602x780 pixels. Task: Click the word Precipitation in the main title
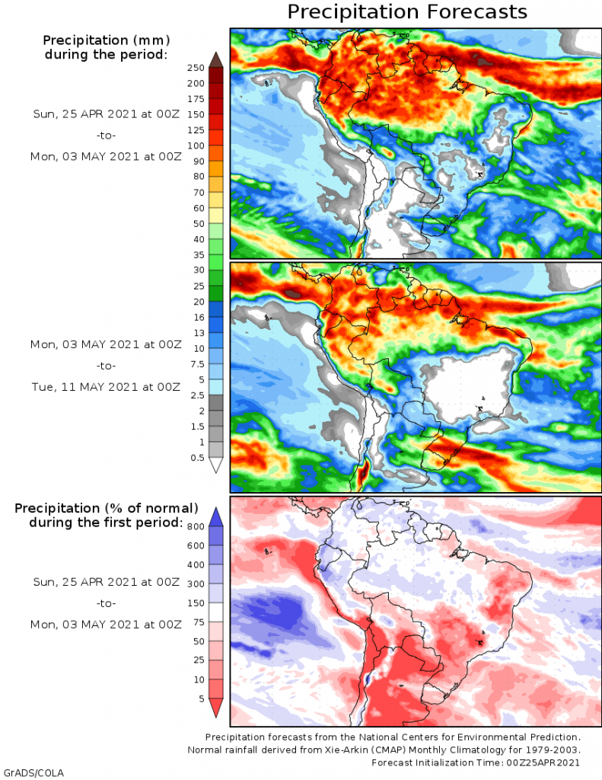pyautogui.click(x=352, y=12)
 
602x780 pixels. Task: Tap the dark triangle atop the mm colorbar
pyautogui.click(x=215, y=59)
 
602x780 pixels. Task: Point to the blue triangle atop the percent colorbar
pyautogui.click(x=215, y=516)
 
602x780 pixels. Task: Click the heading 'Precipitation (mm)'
pyautogui.click(x=106, y=40)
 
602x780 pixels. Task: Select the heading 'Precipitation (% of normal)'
pyautogui.click(x=107, y=508)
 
